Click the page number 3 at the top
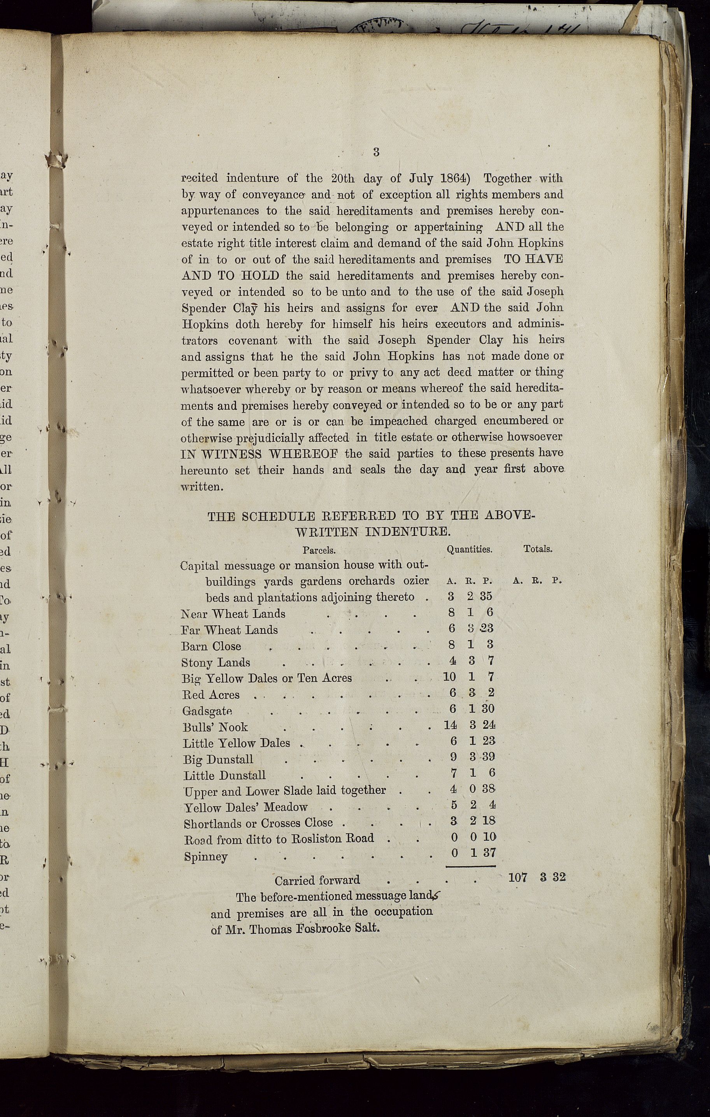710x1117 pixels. pyautogui.click(x=376, y=152)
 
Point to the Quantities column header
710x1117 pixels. pyautogui.click(x=469, y=549)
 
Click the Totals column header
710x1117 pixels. pyautogui.click(x=538, y=549)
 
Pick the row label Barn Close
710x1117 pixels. pyautogui.click(x=211, y=646)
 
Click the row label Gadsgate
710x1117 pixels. pyautogui.click(x=207, y=711)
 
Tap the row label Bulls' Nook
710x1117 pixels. pyautogui.click(x=215, y=727)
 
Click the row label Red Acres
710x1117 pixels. pyautogui.click(x=211, y=695)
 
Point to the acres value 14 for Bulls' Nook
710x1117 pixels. pyautogui.click(x=450, y=725)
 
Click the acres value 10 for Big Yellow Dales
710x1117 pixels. pyautogui.click(x=449, y=677)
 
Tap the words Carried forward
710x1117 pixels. pyautogui.click(x=317, y=880)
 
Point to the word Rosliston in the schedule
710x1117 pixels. pyautogui.click(x=317, y=838)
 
